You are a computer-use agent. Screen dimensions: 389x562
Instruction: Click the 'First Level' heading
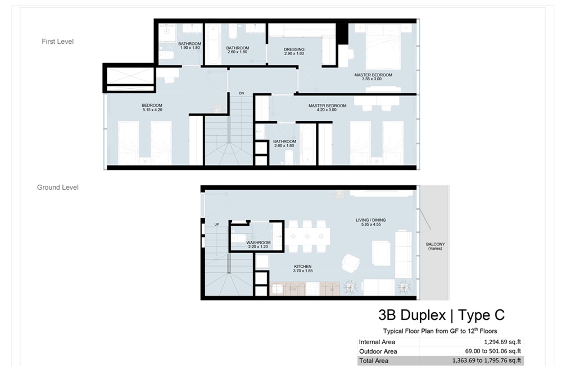coord(57,42)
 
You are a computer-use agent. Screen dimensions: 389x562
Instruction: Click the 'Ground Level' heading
coord(57,187)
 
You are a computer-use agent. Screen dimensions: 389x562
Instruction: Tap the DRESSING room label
coord(293,51)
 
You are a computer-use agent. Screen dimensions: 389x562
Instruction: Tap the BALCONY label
coord(435,246)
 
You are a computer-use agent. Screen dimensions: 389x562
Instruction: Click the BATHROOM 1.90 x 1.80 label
coord(190,45)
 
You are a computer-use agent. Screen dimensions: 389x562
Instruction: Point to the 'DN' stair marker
coord(242,93)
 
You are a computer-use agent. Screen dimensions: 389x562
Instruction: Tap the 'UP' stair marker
coord(216,225)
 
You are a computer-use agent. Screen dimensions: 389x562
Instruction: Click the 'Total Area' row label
coord(373,360)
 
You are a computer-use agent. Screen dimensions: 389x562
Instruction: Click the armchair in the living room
coord(351,262)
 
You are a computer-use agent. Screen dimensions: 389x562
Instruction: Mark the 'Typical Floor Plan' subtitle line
coord(440,331)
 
